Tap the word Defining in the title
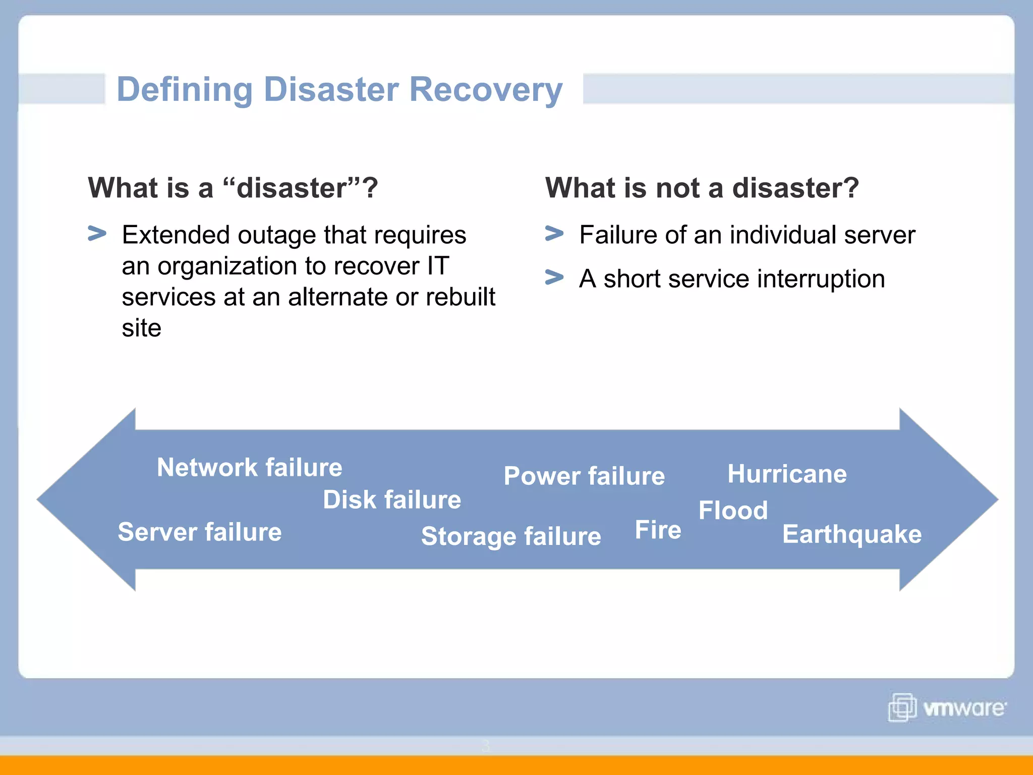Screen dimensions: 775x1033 (184, 90)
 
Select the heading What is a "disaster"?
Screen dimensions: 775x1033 (233, 188)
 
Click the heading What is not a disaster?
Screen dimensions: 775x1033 (702, 188)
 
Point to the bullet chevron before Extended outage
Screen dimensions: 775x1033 (97, 234)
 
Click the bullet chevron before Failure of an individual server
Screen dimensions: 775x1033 (554, 234)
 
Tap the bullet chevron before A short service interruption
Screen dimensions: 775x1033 (554, 278)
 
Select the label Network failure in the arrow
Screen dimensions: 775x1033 (249, 467)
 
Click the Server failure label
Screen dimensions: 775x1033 (200, 532)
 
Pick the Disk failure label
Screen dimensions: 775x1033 (392, 500)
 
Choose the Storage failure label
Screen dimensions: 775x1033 (511, 536)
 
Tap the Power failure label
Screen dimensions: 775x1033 (584, 476)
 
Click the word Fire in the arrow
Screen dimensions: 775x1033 (658, 530)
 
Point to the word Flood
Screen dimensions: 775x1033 (733, 510)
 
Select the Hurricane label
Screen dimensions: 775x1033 (787, 474)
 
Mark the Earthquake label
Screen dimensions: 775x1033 (851, 534)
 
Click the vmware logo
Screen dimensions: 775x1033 (947, 708)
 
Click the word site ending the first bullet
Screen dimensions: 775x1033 (141, 328)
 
